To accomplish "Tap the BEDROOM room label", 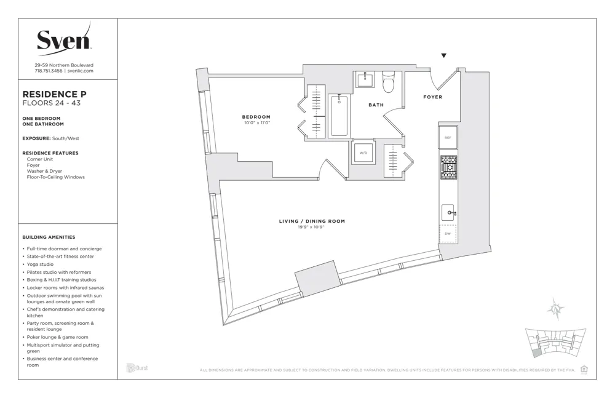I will [x=256, y=117].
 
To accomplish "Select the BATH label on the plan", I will [x=376, y=105].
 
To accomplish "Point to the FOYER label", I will [x=432, y=97].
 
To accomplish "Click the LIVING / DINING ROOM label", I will [x=312, y=221].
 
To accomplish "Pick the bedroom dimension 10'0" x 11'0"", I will [x=256, y=123].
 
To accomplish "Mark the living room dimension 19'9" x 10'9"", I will [x=312, y=227].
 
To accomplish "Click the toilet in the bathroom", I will [x=388, y=81].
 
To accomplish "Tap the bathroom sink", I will [x=366, y=80].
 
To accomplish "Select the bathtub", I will [x=339, y=115].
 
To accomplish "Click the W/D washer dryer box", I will [x=363, y=152].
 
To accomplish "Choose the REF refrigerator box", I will [x=448, y=138].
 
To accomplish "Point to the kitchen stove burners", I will [x=448, y=166].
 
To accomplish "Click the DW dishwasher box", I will [x=448, y=234].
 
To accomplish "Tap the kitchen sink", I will [x=448, y=213].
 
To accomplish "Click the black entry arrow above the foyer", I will [x=443, y=56].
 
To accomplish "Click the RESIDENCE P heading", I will [x=54, y=94].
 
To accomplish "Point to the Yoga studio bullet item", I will [x=41, y=265].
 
